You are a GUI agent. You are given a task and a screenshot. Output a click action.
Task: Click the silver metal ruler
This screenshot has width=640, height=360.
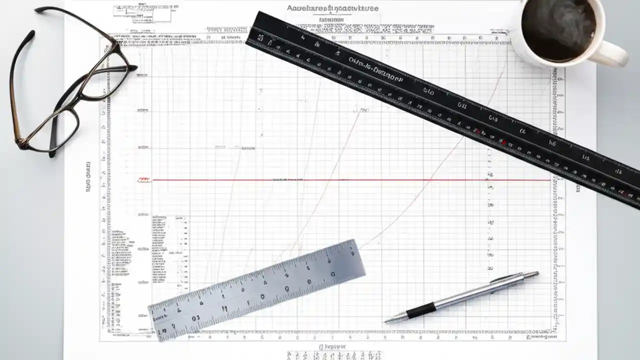[x=257, y=290]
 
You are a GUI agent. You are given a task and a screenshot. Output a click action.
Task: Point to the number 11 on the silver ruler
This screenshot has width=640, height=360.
[x=224, y=308]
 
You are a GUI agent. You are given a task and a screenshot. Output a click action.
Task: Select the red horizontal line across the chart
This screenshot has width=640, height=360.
[x=350, y=179]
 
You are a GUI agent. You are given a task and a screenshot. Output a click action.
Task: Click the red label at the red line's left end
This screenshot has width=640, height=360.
[x=144, y=179]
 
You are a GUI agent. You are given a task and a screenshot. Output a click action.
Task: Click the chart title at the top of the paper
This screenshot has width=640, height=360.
[x=332, y=8]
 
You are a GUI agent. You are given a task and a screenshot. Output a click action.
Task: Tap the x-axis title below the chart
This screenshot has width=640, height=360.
[x=332, y=346]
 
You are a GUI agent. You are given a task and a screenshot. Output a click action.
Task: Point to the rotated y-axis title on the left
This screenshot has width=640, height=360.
[x=88, y=178]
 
